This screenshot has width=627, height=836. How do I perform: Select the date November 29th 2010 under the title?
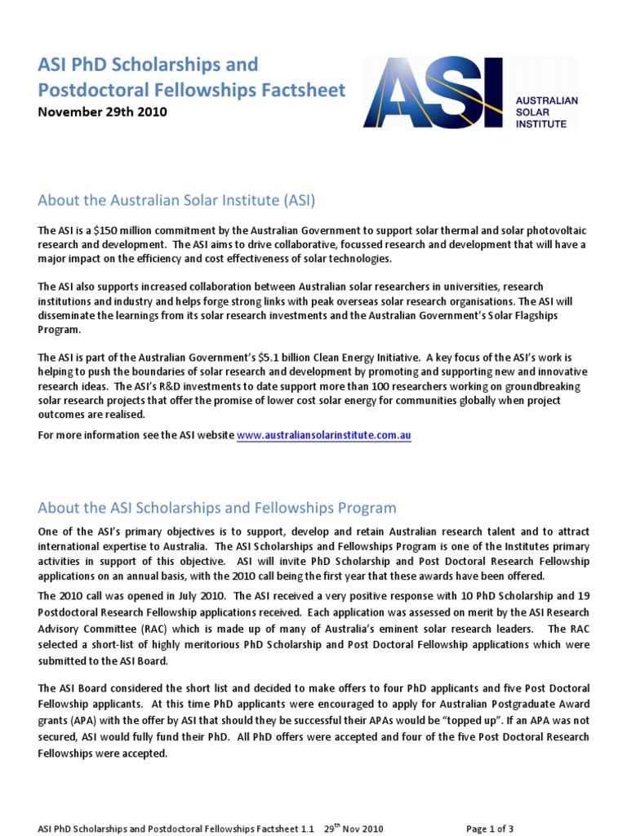coord(103,113)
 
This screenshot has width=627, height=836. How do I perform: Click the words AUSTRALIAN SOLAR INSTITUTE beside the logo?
coord(546,111)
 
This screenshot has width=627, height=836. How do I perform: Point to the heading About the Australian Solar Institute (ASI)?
coord(176,200)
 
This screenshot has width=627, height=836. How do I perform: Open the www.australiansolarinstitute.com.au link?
coord(324,436)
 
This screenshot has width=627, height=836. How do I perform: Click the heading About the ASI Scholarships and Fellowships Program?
coord(217,508)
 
